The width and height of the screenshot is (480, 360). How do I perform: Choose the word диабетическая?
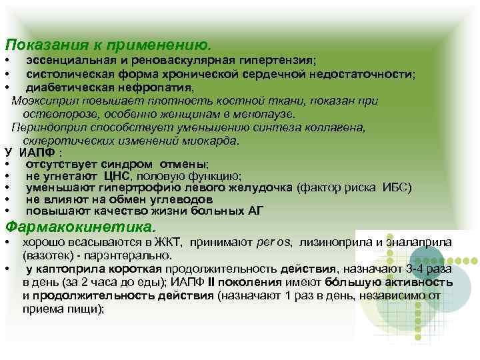pyautogui.click(x=65, y=87)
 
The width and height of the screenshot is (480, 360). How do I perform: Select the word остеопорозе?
pyautogui.click(x=55, y=114)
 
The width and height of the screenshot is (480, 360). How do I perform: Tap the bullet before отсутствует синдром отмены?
pyautogui.click(x=6, y=164)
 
